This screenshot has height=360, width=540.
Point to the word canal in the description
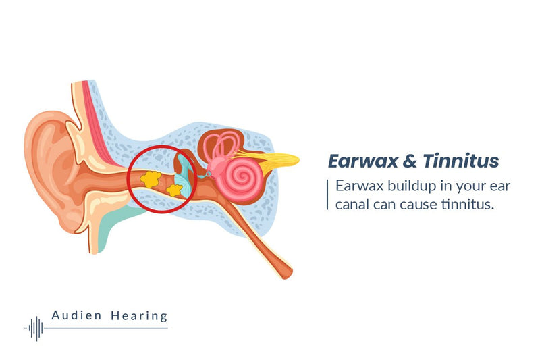coord(354,203)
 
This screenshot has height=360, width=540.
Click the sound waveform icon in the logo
coord(35,328)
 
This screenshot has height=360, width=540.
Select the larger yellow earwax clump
coord(152,178)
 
